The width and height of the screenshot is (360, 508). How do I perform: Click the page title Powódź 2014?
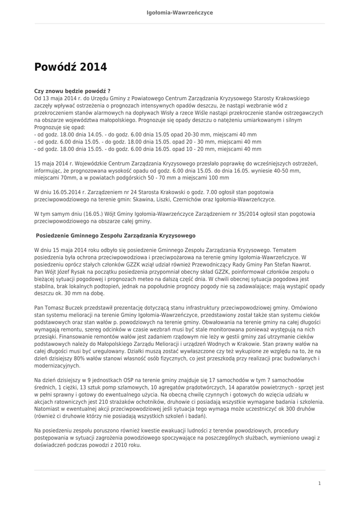71,67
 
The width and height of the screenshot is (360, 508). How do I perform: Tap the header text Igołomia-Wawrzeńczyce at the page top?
180,12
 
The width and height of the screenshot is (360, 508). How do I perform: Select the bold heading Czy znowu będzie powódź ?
72,92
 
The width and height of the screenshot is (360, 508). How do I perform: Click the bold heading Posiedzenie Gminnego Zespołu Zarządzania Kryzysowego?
116,235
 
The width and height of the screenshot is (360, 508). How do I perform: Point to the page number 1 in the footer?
320,483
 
